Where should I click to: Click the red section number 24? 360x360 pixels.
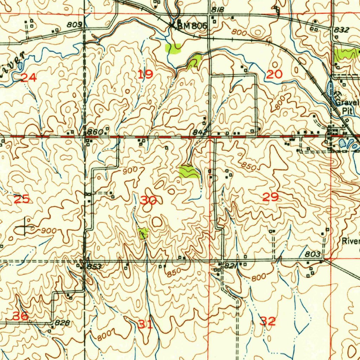click(29, 78)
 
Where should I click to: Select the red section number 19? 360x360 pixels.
click(145, 74)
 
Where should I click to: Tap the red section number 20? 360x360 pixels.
click(274, 74)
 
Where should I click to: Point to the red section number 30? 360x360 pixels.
click(148, 200)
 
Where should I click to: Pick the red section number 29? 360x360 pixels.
click(271, 197)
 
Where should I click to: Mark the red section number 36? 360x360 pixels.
click(21, 316)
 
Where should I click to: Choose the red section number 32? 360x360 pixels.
click(268, 321)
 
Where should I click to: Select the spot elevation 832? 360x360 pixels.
click(341, 30)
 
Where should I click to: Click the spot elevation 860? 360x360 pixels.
click(95, 132)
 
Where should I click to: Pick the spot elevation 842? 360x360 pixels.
click(199, 132)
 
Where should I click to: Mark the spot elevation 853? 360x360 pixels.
click(94, 267)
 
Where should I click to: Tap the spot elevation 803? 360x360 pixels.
click(313, 254)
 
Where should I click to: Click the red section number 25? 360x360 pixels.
click(21, 199)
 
